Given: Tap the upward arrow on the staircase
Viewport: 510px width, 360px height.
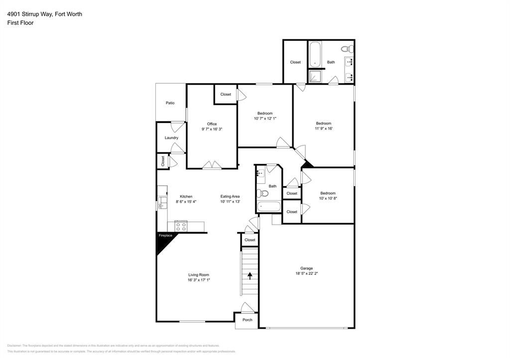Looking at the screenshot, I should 250,274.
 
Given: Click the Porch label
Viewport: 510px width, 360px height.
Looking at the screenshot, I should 247,320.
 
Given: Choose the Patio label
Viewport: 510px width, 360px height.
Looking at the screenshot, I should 170,103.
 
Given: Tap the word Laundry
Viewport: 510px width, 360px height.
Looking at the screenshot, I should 171,138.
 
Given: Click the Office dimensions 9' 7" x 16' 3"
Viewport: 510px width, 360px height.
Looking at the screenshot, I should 212,129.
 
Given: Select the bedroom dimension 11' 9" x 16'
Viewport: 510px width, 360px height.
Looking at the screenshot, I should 323,128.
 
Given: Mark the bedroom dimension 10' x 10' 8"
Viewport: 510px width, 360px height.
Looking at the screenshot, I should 328,198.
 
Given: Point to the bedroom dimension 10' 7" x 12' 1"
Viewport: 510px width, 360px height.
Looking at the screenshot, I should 264,119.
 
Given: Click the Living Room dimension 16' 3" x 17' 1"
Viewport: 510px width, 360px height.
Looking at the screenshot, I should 198,280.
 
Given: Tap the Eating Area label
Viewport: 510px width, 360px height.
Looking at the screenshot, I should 230,196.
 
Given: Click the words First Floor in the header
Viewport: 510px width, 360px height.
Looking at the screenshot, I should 20,23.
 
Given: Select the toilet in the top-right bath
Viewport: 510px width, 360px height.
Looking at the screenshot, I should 347,49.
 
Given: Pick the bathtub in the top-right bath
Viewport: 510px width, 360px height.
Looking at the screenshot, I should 315,55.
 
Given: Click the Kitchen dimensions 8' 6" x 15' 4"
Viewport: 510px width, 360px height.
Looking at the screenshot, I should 186,202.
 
